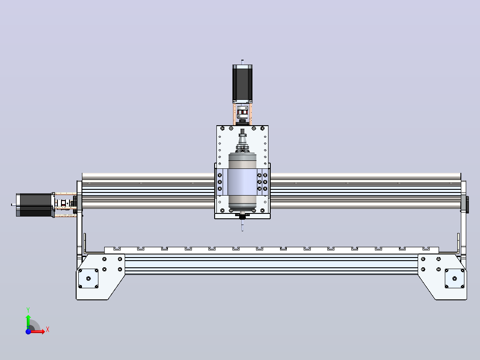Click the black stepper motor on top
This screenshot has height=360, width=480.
click(242, 83)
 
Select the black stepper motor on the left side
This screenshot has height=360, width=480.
click(35, 205)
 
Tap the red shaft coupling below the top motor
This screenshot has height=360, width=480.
click(242, 112)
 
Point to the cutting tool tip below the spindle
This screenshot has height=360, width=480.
click(242, 228)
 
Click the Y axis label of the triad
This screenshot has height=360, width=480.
click(28, 310)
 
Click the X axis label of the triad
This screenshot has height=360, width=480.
click(48, 330)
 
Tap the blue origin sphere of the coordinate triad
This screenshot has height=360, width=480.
click(28, 331)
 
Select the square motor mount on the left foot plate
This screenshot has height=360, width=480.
click(89, 278)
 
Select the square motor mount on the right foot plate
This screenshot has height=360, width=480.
click(454, 278)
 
